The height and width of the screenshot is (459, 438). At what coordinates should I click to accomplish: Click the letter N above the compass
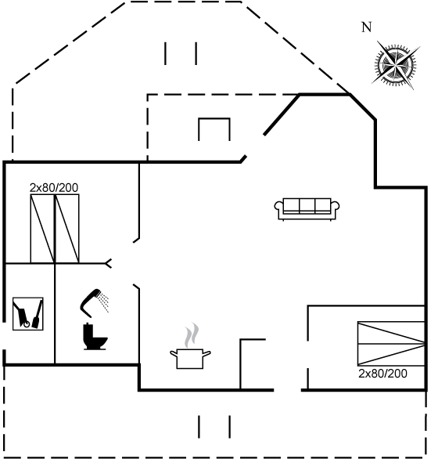pos(367,27)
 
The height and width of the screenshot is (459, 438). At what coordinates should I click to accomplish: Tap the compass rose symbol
pos(396,65)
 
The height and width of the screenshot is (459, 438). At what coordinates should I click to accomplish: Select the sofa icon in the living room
pos(307,209)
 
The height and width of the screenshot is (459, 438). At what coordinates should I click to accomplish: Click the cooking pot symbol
pos(190,359)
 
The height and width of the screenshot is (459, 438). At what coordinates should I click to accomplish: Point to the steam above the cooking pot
pos(192,335)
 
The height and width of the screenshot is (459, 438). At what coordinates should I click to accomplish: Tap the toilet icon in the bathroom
pos(95,336)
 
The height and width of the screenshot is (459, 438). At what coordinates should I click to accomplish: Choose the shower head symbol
pos(90,303)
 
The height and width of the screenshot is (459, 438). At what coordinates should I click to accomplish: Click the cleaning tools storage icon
pos(28,314)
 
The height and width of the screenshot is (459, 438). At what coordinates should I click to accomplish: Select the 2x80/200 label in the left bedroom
pos(54,188)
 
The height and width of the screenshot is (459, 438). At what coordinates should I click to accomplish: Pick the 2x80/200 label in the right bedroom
pos(382,374)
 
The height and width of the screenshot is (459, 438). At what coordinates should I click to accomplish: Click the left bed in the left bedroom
pos(43,229)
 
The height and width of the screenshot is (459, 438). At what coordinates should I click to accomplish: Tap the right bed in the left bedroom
pos(67,229)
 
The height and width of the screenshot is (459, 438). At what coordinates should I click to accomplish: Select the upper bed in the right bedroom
pos(391,333)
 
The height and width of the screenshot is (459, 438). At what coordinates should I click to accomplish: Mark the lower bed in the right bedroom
pos(391,355)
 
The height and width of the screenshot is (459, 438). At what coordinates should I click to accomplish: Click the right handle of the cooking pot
pos(206,354)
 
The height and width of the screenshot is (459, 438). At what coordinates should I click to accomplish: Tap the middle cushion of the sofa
pos(307,205)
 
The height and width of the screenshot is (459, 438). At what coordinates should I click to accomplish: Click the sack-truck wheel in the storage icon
pos(27,324)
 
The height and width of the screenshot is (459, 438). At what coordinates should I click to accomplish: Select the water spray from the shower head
pos(104,303)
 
